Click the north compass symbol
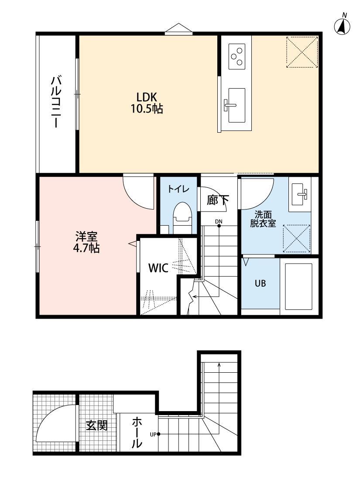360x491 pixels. [343, 27]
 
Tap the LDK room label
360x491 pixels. [147, 96]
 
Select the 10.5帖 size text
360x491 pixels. [147, 109]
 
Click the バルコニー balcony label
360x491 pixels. [56, 102]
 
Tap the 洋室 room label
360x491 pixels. [86, 237]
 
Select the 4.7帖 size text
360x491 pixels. [86, 249]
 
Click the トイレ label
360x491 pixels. [178, 189]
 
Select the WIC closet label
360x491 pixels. [158, 268]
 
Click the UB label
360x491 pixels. [260, 283]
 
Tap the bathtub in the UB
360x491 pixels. [298, 286]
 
